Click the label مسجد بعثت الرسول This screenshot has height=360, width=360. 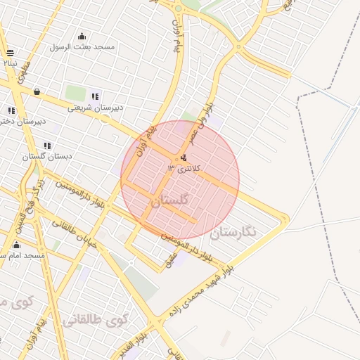(82, 47)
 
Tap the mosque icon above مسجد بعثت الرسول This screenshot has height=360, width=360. (82, 37)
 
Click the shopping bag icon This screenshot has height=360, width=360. (37, 91)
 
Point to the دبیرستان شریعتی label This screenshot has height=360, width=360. (96, 108)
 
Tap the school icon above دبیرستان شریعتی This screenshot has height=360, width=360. (96, 96)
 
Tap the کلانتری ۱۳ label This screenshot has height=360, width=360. (184, 169)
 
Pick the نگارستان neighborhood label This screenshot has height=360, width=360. (234, 231)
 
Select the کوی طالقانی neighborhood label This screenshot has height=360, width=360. (96, 321)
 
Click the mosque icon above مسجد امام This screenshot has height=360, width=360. (16, 245)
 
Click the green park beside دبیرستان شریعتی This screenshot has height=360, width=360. (75, 92)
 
